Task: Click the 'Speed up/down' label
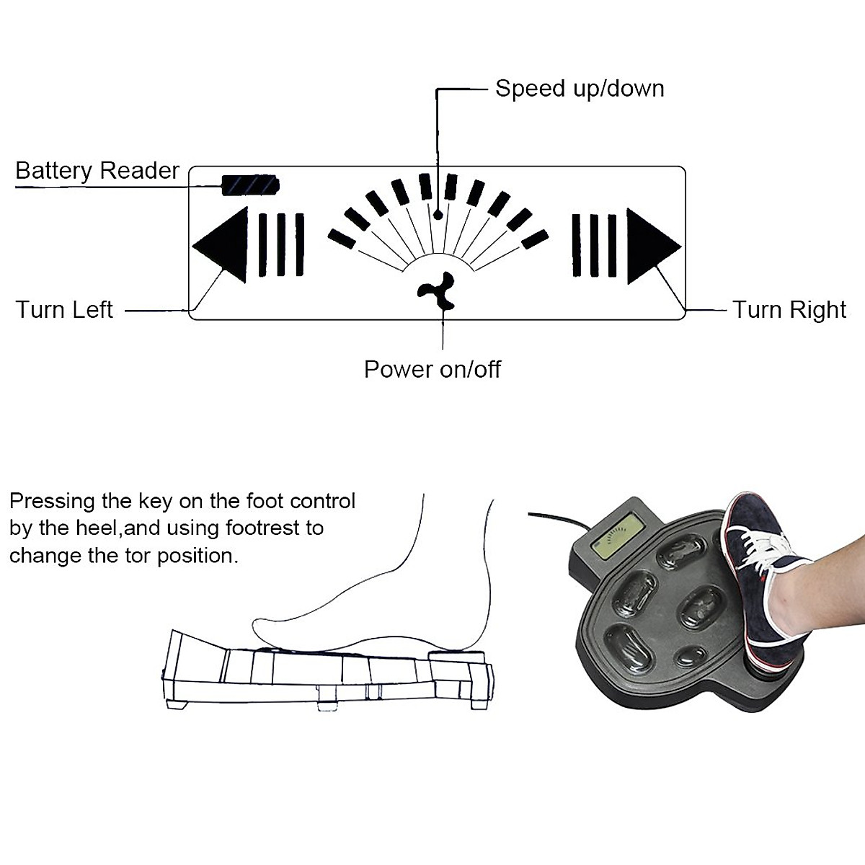tap(579, 89)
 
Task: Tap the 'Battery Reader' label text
tap(97, 171)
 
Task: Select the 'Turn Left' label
tap(64, 310)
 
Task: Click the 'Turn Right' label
tap(789, 310)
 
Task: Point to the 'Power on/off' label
tap(432, 369)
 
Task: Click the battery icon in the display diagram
tap(249, 185)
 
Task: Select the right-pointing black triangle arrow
tap(650, 246)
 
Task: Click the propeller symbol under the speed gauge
tap(437, 291)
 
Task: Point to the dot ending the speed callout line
tap(438, 214)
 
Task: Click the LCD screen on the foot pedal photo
tap(613, 538)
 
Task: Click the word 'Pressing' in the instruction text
tap(52, 501)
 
